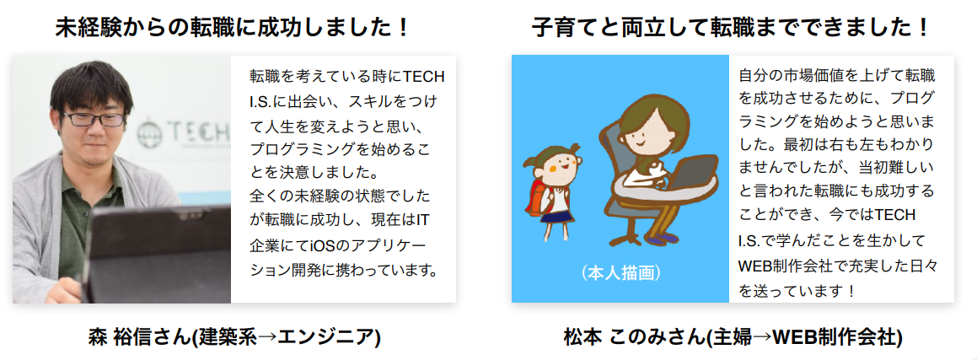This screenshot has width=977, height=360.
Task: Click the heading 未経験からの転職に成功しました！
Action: tap(233, 28)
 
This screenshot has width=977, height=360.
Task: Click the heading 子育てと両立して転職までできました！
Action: tap(731, 28)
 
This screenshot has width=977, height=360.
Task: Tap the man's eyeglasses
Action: tap(93, 118)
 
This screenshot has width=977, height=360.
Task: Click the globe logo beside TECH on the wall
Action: tap(149, 133)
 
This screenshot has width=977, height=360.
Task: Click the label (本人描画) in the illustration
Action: tap(621, 273)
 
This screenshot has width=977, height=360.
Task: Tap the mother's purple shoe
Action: tap(661, 239)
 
